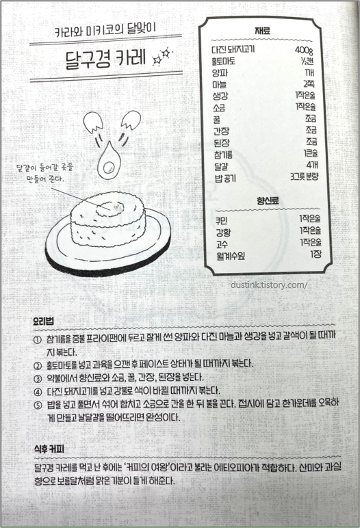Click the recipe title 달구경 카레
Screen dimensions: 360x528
click(x=106, y=59)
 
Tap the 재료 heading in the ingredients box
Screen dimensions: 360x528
click(x=262, y=31)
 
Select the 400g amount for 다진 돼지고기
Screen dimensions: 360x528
click(x=304, y=50)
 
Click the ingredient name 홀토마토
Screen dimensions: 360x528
click(x=224, y=62)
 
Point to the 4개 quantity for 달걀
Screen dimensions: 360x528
click(x=312, y=165)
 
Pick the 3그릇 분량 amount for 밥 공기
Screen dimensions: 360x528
click(x=304, y=176)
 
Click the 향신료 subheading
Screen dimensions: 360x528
click(x=268, y=201)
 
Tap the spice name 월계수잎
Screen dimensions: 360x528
click(x=231, y=256)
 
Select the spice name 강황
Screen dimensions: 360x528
click(x=223, y=233)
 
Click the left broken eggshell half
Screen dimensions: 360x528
click(x=92, y=122)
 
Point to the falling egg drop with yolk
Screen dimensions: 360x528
click(x=109, y=162)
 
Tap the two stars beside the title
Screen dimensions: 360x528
click(x=162, y=57)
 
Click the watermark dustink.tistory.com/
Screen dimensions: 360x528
click(x=269, y=285)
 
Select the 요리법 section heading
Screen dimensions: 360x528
click(x=44, y=321)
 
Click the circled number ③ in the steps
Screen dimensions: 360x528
click(x=38, y=378)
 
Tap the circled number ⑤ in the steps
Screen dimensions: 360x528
click(x=38, y=405)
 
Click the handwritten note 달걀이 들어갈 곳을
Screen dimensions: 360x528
click(x=44, y=168)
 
